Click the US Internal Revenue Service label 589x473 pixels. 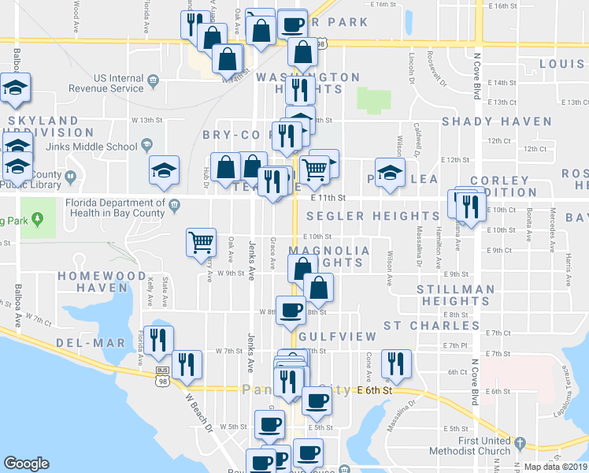coord(118,83)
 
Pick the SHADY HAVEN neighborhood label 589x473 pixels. coord(496,121)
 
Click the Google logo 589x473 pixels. coord(26,464)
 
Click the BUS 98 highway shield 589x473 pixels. coord(163,375)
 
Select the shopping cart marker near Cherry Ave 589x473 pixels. coord(201,242)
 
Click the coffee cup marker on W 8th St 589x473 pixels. coord(291,309)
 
